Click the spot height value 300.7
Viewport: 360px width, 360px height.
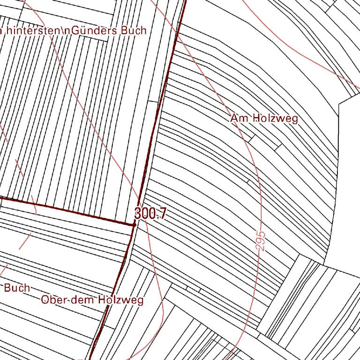pyautogui.click(x=150, y=214)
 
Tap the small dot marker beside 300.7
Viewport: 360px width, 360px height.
pyautogui.click(x=134, y=225)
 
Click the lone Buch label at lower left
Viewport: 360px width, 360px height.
pyautogui.click(x=17, y=288)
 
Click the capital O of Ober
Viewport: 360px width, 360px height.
pyautogui.click(x=45, y=300)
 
